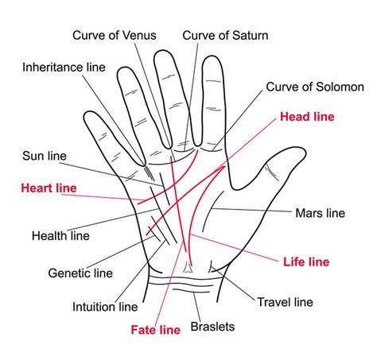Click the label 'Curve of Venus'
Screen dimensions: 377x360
[115, 35]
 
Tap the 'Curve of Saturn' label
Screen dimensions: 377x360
[225, 35]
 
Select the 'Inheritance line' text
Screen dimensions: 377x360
[64, 67]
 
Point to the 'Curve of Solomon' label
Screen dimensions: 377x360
[315, 87]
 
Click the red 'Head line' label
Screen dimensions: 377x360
[307, 117]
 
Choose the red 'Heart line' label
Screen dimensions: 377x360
[49, 188]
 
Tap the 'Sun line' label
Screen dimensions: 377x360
[45, 156]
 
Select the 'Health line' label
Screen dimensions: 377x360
[60, 236]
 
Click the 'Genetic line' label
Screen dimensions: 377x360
[80, 273]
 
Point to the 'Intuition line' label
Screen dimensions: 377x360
[105, 307]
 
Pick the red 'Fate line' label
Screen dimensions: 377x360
[156, 330]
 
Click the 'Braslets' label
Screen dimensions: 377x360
[212, 327]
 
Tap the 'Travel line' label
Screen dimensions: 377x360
[286, 302]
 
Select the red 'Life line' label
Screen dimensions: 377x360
[306, 261]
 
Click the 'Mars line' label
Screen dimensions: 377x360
[321, 213]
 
